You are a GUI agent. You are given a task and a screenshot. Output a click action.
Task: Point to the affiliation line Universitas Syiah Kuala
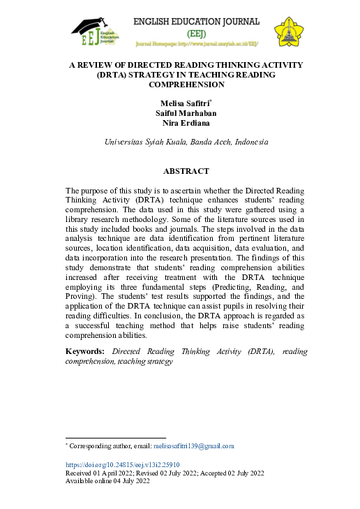tap(144, 142)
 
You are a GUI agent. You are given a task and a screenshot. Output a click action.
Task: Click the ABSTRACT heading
tap(186, 171)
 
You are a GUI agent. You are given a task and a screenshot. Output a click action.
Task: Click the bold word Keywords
tap(85, 351)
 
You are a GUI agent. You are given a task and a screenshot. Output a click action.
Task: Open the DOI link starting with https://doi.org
tap(122, 464)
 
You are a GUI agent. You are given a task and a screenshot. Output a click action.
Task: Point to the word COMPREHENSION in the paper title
tap(186, 84)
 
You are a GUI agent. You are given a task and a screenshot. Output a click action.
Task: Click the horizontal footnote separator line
tap(115, 438)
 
